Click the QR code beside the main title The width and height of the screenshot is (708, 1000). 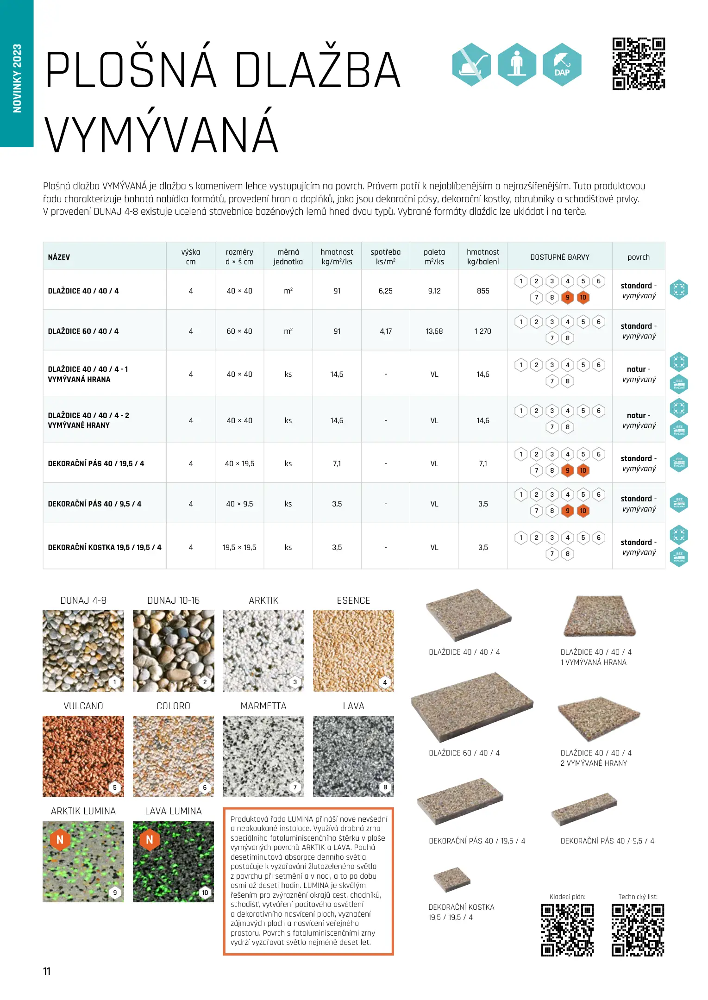(x=638, y=64)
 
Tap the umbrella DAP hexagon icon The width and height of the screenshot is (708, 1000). (x=562, y=65)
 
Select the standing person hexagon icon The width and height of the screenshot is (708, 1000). (x=517, y=65)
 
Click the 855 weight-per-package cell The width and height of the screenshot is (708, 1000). (x=482, y=291)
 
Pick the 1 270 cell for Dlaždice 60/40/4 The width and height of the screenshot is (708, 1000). (x=482, y=331)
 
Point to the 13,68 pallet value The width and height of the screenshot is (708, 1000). (x=434, y=331)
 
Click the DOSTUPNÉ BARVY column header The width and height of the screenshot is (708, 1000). (x=559, y=257)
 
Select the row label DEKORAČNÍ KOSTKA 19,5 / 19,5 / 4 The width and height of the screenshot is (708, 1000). (x=105, y=547)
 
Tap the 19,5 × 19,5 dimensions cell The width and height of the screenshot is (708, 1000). (x=239, y=547)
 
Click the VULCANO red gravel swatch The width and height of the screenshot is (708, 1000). (x=83, y=756)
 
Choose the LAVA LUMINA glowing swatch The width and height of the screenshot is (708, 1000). (x=173, y=862)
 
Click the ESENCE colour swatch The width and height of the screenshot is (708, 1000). (x=353, y=650)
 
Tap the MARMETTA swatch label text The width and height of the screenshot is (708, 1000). (x=263, y=706)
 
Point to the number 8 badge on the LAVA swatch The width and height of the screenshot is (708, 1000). (x=385, y=787)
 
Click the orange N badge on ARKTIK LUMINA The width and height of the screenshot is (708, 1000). (x=60, y=839)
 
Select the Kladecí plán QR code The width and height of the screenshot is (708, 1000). (x=567, y=930)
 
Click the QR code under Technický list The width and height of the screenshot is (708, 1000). (x=638, y=930)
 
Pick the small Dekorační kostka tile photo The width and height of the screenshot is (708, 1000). (x=451, y=879)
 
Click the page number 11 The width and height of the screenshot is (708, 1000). (x=47, y=971)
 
